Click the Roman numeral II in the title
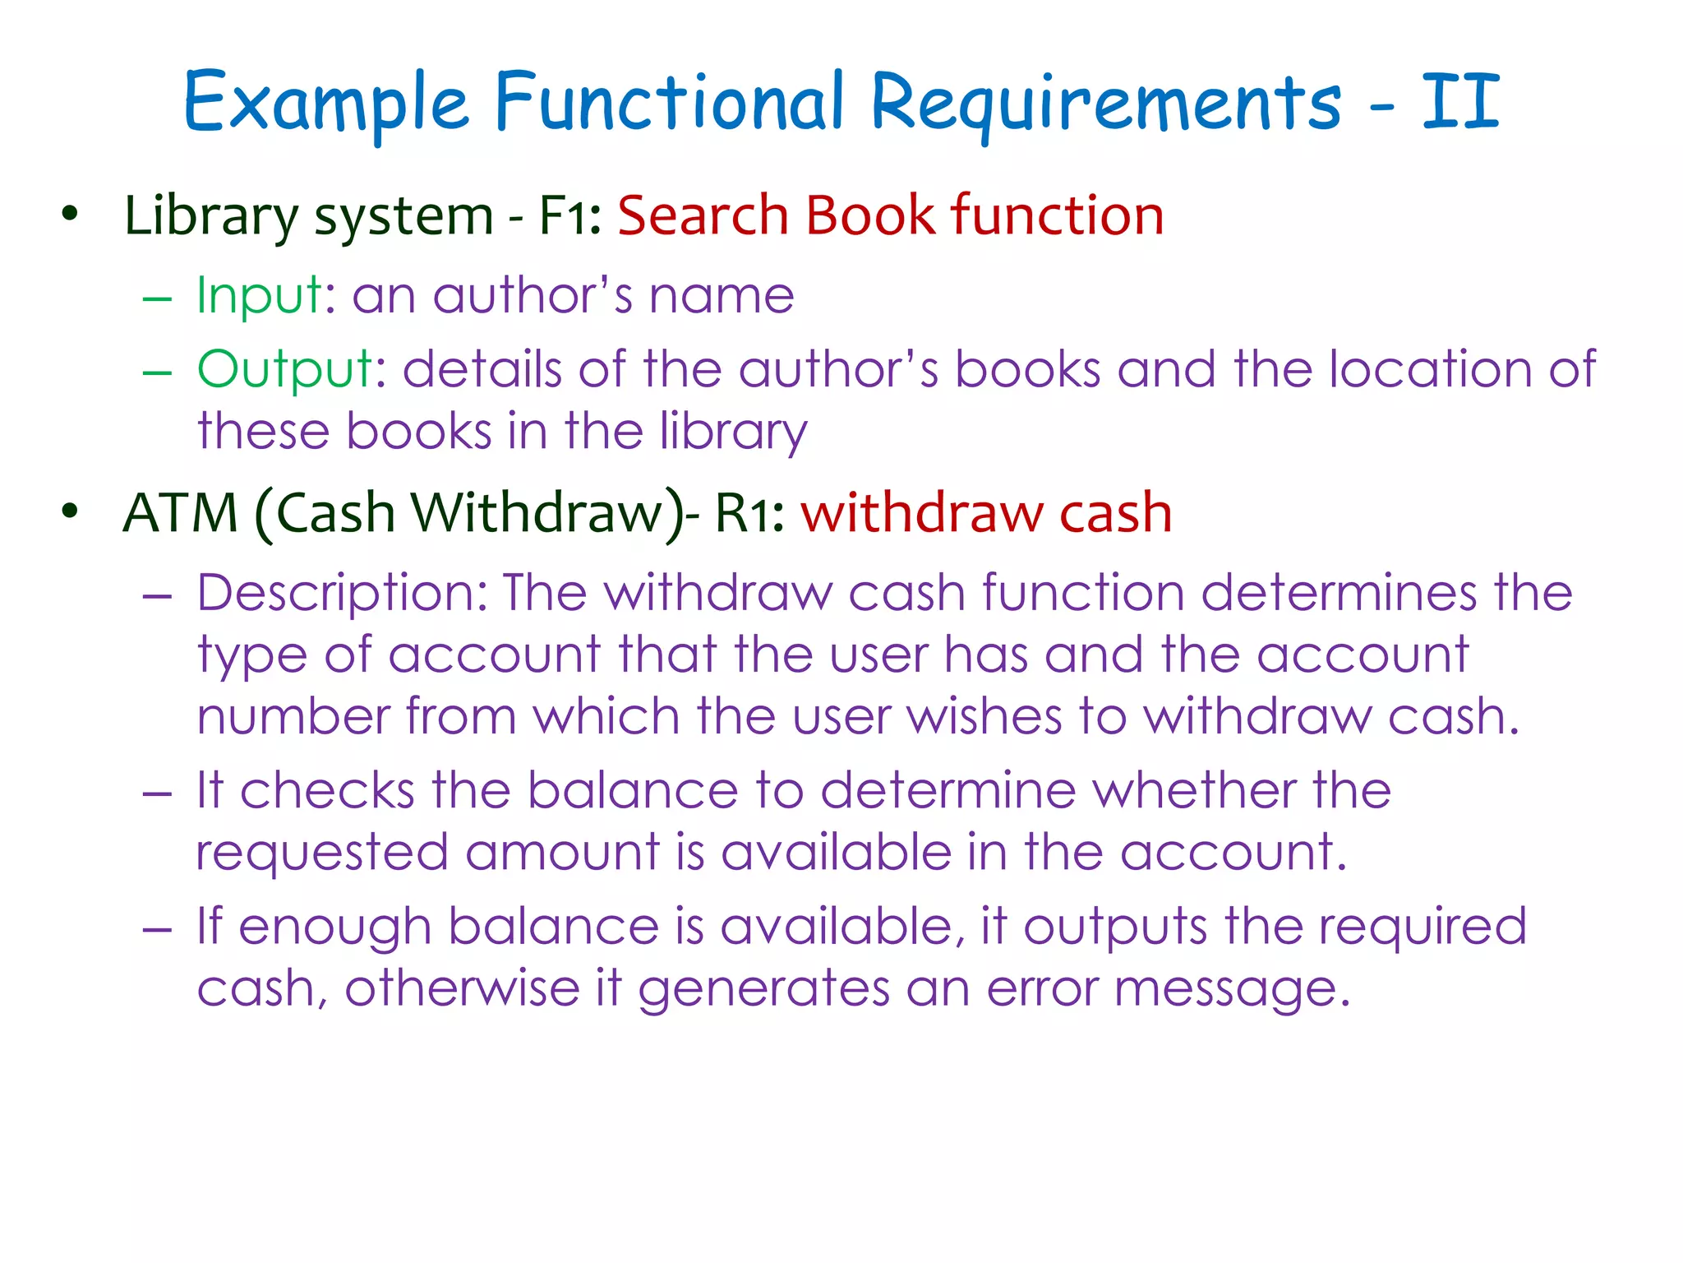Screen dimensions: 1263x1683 click(x=1461, y=102)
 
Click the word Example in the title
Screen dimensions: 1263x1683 click(x=325, y=104)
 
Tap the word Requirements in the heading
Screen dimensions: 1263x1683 click(x=1104, y=104)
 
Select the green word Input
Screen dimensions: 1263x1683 click(x=259, y=295)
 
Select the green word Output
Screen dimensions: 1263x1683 click(x=285, y=368)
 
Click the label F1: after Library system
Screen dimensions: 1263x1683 click(x=569, y=216)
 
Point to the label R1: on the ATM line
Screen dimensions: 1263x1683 click(x=749, y=513)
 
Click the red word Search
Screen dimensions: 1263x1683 click(x=703, y=216)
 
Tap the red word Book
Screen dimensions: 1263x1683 click(x=869, y=216)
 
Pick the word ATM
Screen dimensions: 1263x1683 click(x=180, y=513)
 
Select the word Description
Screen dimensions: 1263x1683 click(x=335, y=594)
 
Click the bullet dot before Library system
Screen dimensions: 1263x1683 click(x=70, y=214)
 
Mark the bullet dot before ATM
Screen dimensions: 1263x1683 click(x=70, y=511)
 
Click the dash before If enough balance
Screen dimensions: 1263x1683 click(x=157, y=929)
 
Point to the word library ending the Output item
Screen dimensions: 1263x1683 click(x=733, y=433)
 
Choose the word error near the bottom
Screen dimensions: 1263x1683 click(x=1041, y=988)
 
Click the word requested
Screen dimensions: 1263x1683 click(x=321, y=854)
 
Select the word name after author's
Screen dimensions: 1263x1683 click(x=721, y=295)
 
